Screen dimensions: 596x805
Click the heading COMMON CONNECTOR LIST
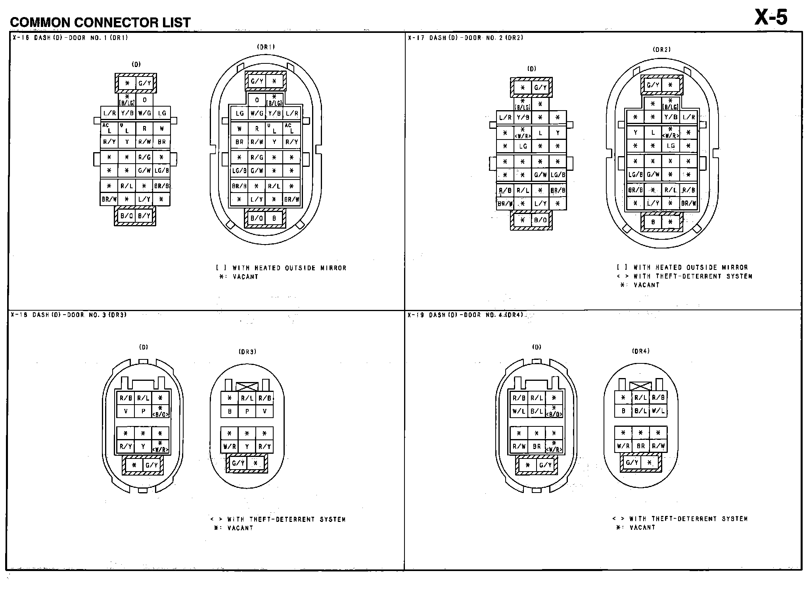(x=100, y=23)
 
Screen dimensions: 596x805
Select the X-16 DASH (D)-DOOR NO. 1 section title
(x=70, y=38)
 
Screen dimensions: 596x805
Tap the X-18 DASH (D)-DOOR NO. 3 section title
(x=69, y=315)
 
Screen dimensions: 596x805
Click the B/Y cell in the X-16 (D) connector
(x=144, y=216)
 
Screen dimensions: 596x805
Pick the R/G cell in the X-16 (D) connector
(x=144, y=157)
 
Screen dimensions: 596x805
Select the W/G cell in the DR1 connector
(x=257, y=113)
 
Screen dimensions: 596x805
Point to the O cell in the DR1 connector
(x=257, y=100)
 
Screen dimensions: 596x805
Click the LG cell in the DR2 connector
(x=671, y=146)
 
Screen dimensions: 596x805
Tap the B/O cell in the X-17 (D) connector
(x=540, y=220)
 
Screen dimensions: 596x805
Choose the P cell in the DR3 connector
(x=247, y=411)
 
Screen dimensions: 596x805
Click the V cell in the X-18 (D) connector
(x=126, y=411)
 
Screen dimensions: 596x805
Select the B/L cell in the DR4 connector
(x=640, y=411)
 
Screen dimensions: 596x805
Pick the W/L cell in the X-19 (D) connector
(x=519, y=411)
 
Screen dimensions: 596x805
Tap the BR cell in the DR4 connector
(x=640, y=446)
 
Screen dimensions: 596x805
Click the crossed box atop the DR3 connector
(x=247, y=386)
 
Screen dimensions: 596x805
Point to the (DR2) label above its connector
(x=661, y=50)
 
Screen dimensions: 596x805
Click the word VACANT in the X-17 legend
(x=646, y=285)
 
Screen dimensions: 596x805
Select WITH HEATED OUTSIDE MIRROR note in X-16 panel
(x=289, y=268)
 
